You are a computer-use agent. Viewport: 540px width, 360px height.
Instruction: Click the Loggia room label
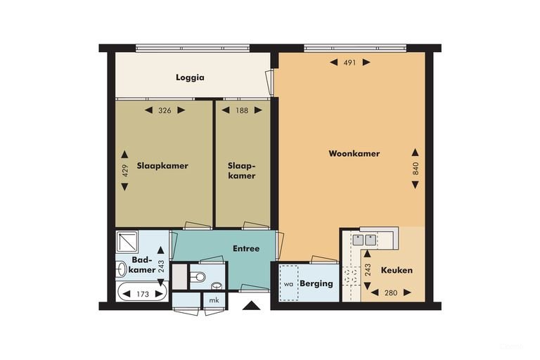click(190, 77)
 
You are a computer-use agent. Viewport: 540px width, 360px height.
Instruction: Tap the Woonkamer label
click(354, 154)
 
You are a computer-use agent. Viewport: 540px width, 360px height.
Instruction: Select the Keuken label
click(397, 270)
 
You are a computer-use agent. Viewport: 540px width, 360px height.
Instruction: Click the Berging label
click(316, 283)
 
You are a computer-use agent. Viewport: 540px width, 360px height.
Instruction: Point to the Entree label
click(246, 248)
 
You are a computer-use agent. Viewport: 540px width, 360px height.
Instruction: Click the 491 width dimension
click(350, 63)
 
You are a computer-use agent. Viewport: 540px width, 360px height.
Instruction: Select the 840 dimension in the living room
click(416, 169)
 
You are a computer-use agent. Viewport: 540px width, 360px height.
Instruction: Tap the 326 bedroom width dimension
click(165, 110)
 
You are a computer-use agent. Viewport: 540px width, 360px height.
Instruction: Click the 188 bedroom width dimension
click(242, 110)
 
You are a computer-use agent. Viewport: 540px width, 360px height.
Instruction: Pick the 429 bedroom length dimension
click(125, 171)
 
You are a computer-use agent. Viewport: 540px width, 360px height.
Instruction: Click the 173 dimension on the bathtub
click(143, 294)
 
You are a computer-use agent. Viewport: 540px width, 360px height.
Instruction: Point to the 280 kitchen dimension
click(391, 292)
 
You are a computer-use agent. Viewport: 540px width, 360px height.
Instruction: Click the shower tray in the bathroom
click(127, 242)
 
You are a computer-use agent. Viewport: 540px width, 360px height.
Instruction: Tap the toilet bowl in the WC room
click(198, 276)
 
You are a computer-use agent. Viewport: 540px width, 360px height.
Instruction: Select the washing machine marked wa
click(288, 283)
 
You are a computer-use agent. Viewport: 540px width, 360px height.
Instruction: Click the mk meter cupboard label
click(214, 300)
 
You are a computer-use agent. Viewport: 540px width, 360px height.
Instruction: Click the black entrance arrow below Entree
click(252, 306)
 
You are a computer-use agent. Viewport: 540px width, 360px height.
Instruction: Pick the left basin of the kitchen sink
click(358, 240)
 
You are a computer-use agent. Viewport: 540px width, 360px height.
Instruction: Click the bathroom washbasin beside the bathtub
click(121, 269)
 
